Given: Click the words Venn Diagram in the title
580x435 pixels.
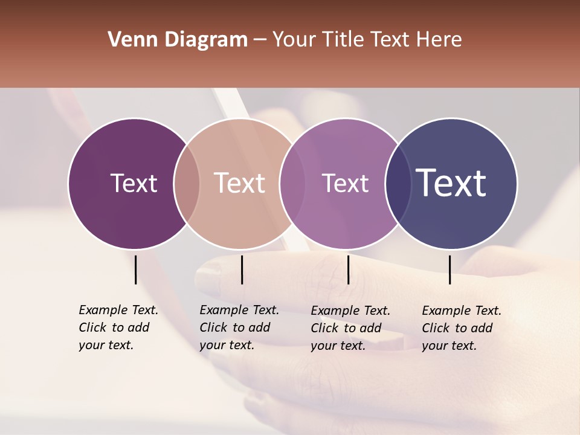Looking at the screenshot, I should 178,40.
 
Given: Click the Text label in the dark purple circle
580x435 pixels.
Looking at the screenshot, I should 134,183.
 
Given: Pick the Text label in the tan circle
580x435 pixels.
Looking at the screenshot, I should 240,183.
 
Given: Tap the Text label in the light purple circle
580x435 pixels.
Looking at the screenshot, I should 346,183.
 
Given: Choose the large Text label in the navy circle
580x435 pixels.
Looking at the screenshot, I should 451,183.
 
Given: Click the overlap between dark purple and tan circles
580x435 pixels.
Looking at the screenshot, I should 187,183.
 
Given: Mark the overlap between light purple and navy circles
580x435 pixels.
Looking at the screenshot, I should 398,183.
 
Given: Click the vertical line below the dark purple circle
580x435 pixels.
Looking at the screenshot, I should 136,269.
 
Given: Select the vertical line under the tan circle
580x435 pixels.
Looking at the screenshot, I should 242,269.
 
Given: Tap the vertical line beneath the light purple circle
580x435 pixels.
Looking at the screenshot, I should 348,269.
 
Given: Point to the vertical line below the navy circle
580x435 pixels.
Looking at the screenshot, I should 449,269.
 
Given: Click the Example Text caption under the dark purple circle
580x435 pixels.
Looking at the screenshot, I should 118,327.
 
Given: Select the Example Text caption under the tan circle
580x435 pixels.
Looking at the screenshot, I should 239,327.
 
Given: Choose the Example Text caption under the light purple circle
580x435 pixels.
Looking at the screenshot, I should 350,328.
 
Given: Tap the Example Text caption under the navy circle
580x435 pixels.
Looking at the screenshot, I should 462,328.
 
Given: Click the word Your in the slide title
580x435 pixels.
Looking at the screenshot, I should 294,40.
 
